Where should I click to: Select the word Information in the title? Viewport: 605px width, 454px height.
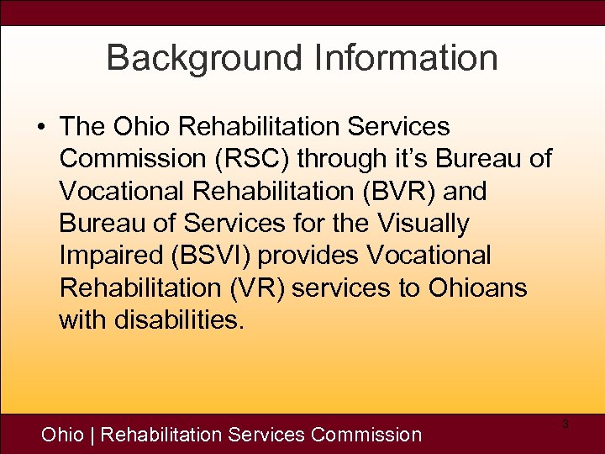pyautogui.click(x=406, y=59)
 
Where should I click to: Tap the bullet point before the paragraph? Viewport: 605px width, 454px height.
pyautogui.click(x=41, y=128)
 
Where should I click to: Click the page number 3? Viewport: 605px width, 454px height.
pyautogui.click(x=566, y=425)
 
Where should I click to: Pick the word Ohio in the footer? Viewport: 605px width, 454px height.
pyautogui.click(x=63, y=435)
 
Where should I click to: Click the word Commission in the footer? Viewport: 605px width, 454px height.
pyautogui.click(x=366, y=435)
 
